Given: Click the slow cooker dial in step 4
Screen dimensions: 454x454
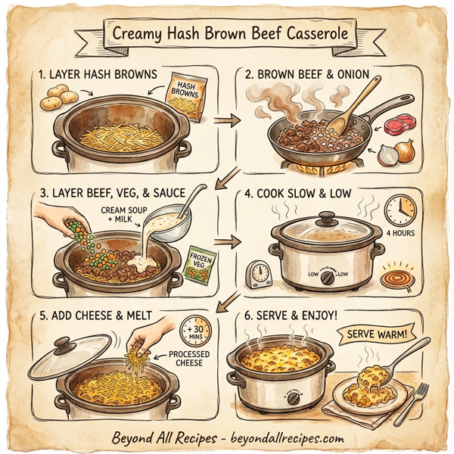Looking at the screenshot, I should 325,279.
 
